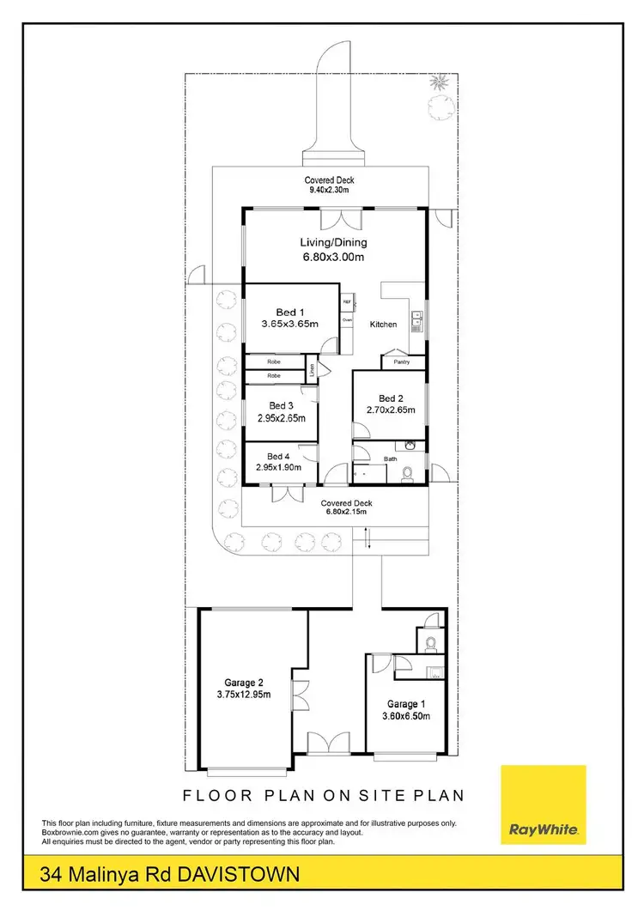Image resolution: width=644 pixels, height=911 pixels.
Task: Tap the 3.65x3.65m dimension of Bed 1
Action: pyautogui.click(x=289, y=325)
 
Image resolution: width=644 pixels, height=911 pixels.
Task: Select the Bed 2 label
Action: pyautogui.click(x=391, y=398)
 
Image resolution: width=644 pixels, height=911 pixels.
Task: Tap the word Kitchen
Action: pyautogui.click(x=383, y=325)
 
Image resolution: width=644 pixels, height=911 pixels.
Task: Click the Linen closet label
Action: pyautogui.click(x=313, y=371)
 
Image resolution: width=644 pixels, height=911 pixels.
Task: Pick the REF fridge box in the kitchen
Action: pyautogui.click(x=348, y=302)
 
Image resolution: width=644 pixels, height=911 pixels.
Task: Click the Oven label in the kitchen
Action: pyautogui.click(x=348, y=319)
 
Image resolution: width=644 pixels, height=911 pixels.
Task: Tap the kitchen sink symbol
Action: pyautogui.click(x=416, y=319)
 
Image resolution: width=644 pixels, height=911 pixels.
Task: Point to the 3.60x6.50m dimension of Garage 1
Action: pyautogui.click(x=405, y=715)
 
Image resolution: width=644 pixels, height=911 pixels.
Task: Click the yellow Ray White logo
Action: pyautogui.click(x=543, y=806)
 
